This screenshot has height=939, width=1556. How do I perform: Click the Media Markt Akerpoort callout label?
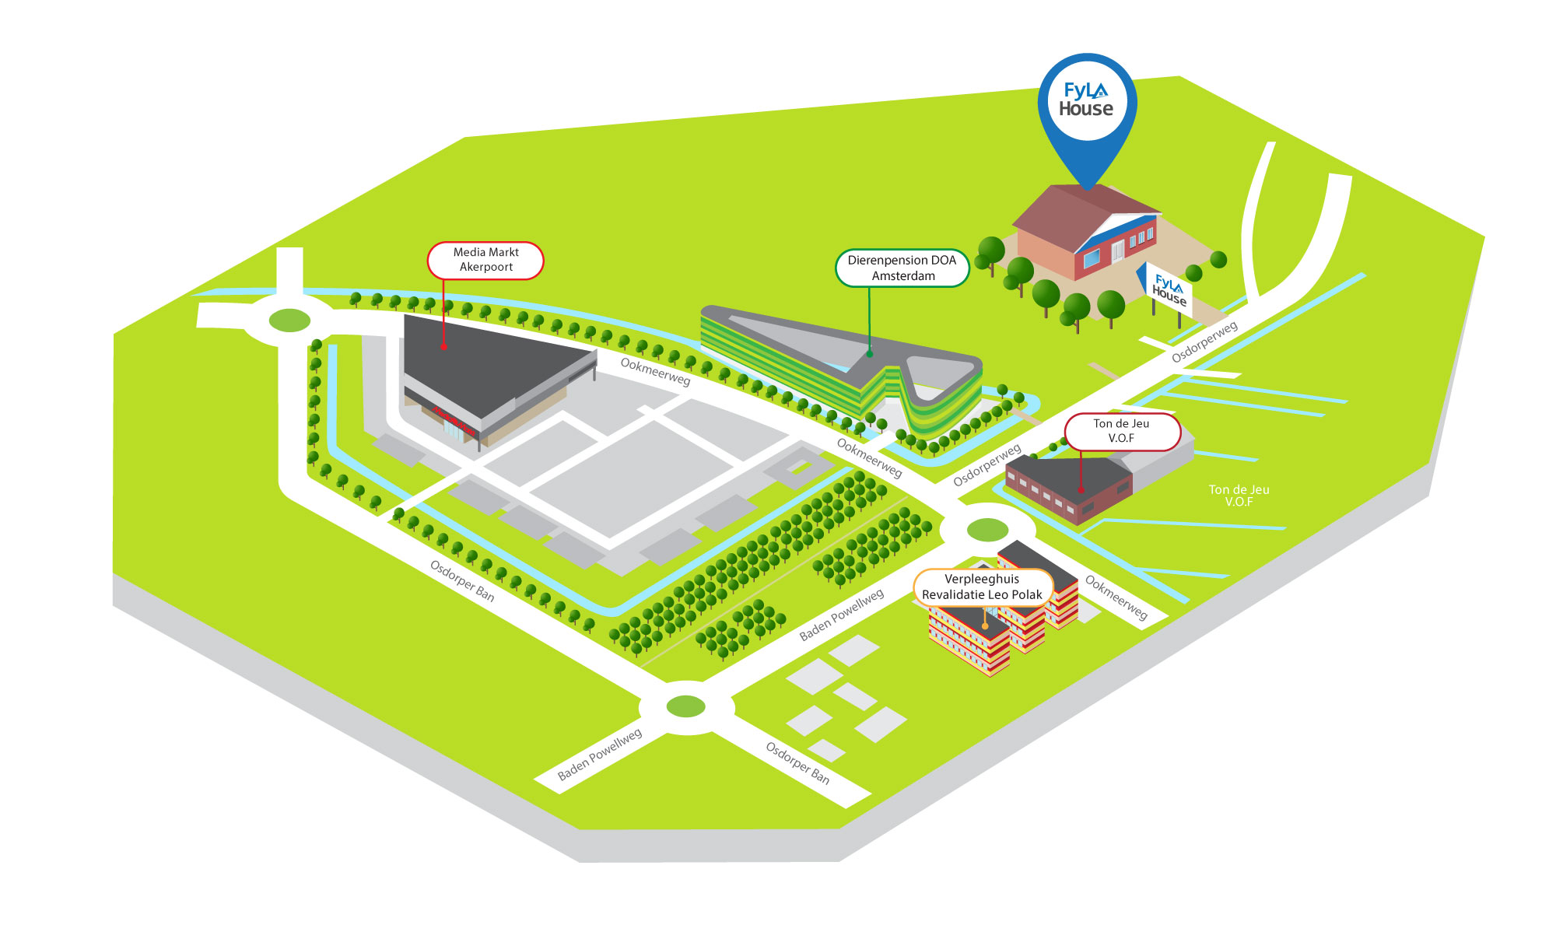click(485, 260)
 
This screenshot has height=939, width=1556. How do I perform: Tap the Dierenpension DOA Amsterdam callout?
click(902, 268)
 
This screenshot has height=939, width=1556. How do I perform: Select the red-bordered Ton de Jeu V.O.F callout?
click(1121, 431)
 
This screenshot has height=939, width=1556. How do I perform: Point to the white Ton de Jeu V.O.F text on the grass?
click(1239, 496)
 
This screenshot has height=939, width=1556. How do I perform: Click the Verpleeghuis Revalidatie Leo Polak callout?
click(982, 587)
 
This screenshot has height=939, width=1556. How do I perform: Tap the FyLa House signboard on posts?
click(1169, 290)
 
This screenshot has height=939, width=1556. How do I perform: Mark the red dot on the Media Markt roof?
click(443, 346)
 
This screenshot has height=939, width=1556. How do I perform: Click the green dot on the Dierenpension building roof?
click(870, 354)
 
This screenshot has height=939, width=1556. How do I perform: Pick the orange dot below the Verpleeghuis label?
click(985, 625)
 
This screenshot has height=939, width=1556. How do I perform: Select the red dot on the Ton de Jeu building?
click(1081, 490)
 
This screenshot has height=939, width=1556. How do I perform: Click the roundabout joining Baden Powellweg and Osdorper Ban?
click(686, 706)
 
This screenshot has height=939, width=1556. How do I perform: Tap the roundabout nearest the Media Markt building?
click(289, 320)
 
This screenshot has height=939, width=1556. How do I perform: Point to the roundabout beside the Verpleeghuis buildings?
click(987, 531)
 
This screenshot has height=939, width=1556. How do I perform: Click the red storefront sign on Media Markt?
click(454, 421)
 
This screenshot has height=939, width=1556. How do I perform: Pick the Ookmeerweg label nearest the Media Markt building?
click(655, 371)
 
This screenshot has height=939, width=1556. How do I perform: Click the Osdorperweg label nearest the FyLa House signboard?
click(1204, 342)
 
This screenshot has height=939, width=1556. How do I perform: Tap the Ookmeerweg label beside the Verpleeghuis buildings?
click(1116, 597)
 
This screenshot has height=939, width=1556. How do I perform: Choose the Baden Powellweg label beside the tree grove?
click(841, 615)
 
